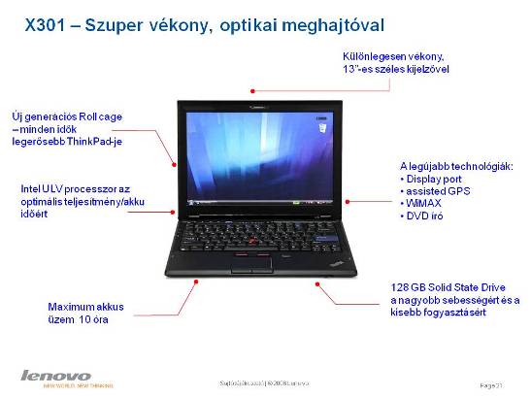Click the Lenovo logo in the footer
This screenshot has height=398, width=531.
coord(55,375)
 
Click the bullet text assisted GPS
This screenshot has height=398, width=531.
coord(437,191)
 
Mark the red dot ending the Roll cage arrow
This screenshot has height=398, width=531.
coord(174,161)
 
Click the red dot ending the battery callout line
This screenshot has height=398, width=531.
coord(197,280)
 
